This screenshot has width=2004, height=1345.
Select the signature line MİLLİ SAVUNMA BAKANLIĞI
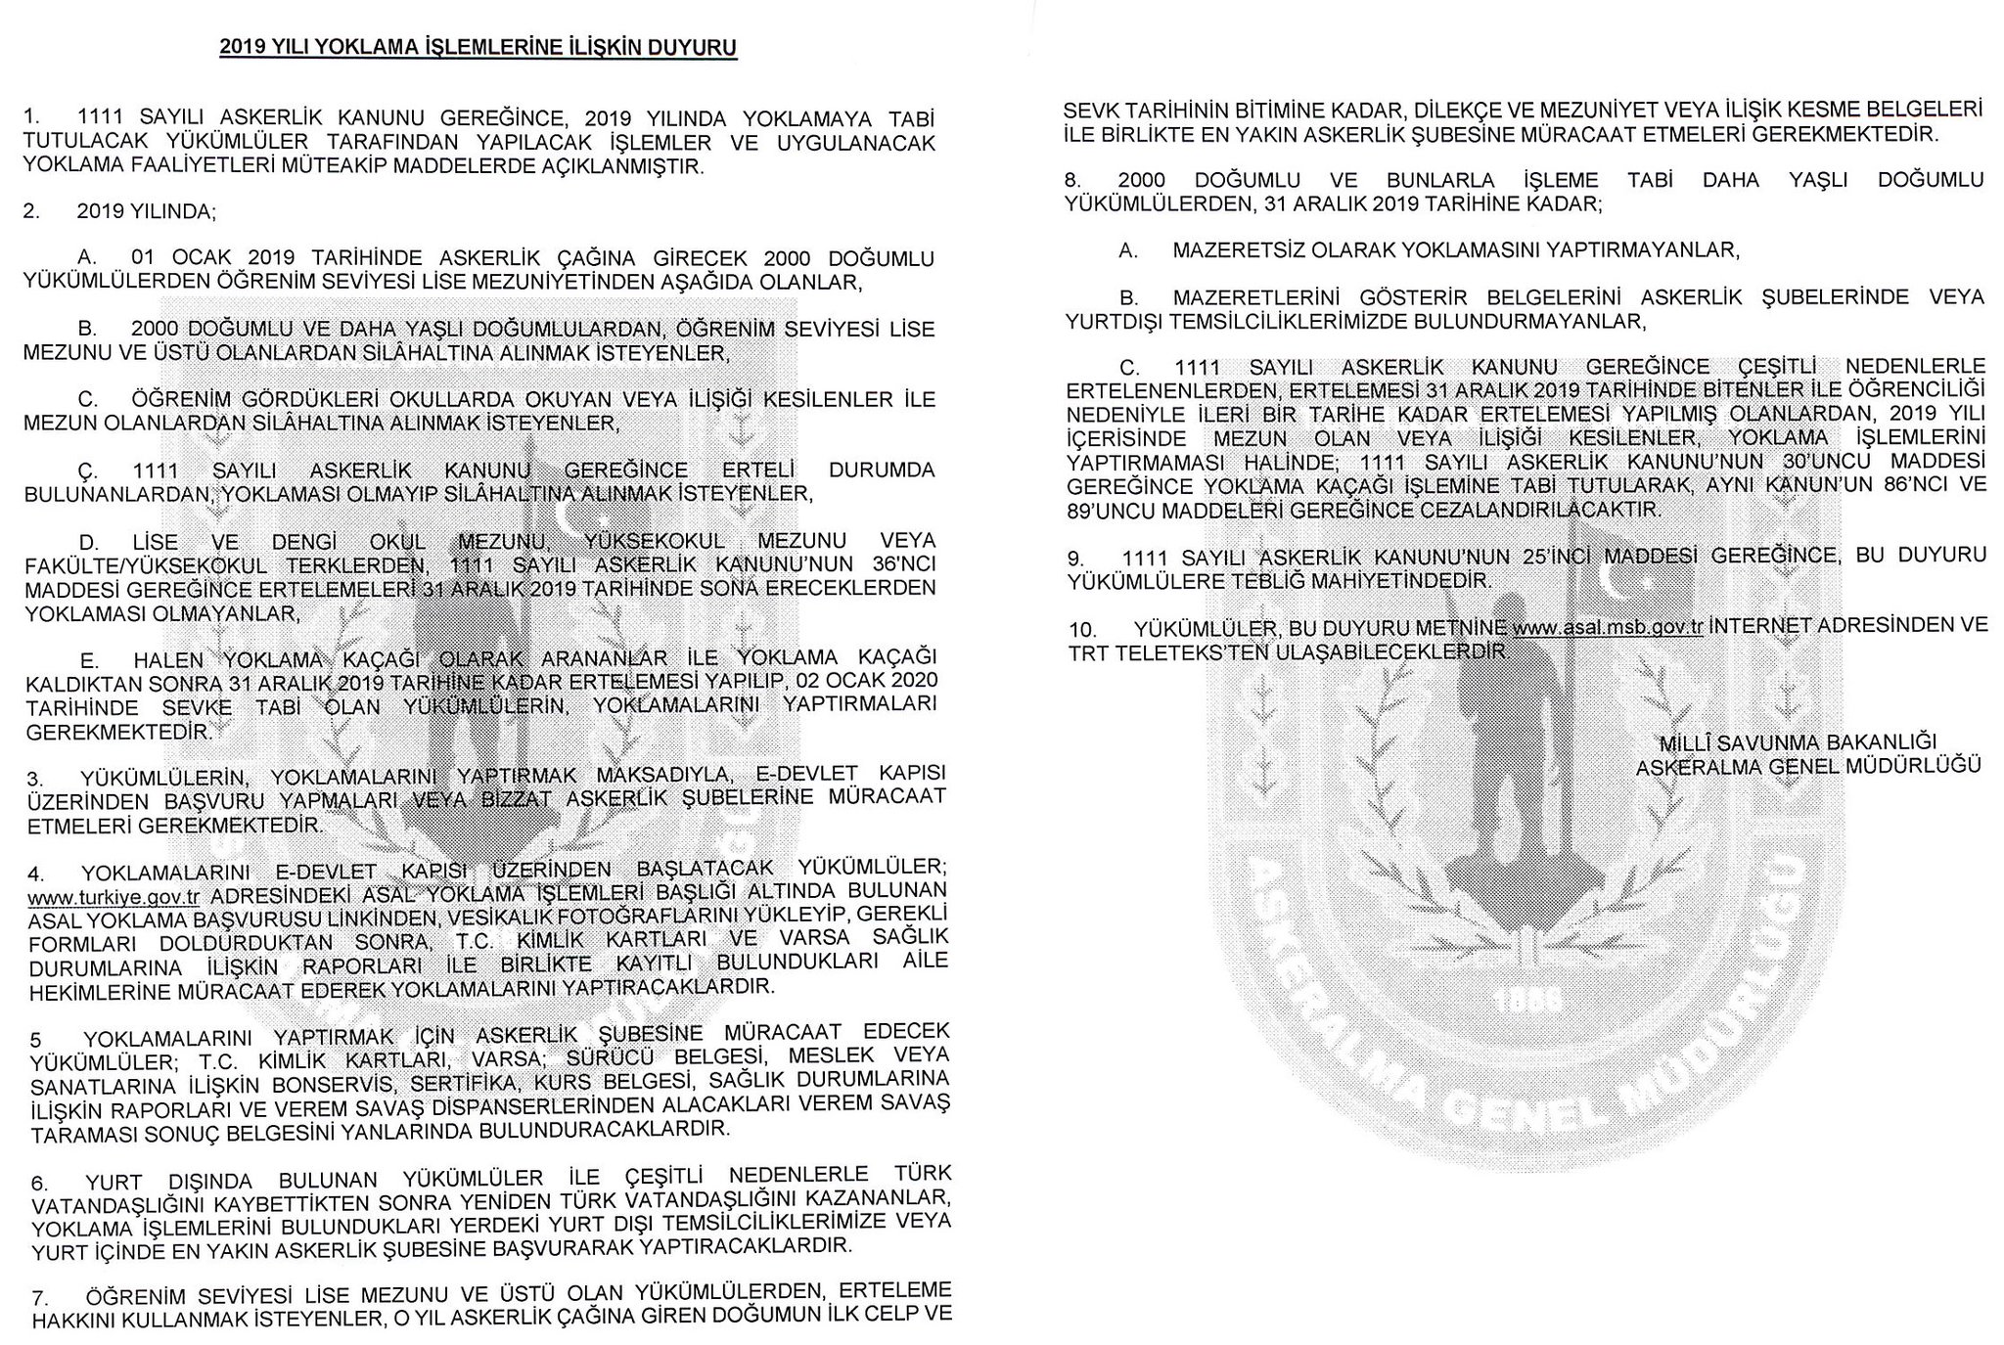click(x=1798, y=742)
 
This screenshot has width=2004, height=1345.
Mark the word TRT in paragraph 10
click(x=1086, y=650)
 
